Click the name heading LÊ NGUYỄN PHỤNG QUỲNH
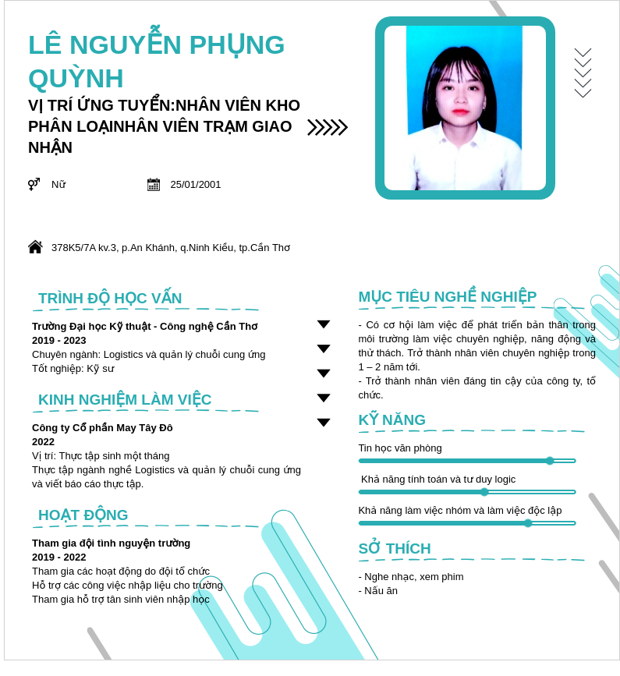pos(156,61)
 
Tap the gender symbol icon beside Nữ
pos(34,184)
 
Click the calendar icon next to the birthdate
pos(154,184)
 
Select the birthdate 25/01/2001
pos(196,185)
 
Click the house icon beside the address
pos(35,247)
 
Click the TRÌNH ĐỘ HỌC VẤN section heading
pos(110,298)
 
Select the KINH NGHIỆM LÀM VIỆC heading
pos(125,399)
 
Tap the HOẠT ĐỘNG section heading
pos(83,515)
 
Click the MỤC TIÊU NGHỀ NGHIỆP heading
pos(447,296)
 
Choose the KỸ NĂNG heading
pos(391,419)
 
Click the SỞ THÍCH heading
pos(395,548)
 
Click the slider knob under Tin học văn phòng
pos(550,461)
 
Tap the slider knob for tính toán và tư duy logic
pos(484,492)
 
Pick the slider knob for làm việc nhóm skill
pos(528,523)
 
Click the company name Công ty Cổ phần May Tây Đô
pos(102,427)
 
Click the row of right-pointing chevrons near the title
pos(328,127)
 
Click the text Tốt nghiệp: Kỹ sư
pos(73,369)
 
